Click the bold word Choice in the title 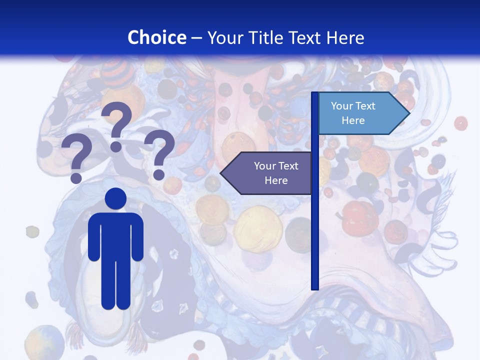click(156, 37)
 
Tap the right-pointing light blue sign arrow click(363, 113)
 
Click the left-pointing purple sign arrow click(266, 173)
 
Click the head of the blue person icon click(115, 198)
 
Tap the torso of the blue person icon click(115, 235)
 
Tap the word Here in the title click(345, 37)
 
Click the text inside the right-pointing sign click(353, 113)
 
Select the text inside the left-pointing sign click(276, 173)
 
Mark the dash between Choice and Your click(196, 38)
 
